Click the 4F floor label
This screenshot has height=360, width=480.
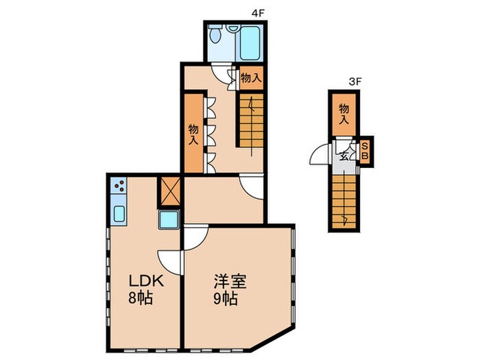click(257, 13)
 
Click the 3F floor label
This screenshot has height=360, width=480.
click(354, 82)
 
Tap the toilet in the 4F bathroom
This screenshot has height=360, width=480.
click(217, 35)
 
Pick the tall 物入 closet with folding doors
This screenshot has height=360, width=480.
click(193, 134)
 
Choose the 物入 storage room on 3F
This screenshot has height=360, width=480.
click(344, 114)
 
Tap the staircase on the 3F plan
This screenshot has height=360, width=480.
click(345, 200)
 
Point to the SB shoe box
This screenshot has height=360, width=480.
click(365, 150)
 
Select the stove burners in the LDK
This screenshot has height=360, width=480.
click(118, 187)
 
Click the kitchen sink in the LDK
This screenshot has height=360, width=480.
click(118, 214)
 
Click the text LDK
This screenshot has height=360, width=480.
click(144, 281)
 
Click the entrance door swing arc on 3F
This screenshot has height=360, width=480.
click(318, 156)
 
